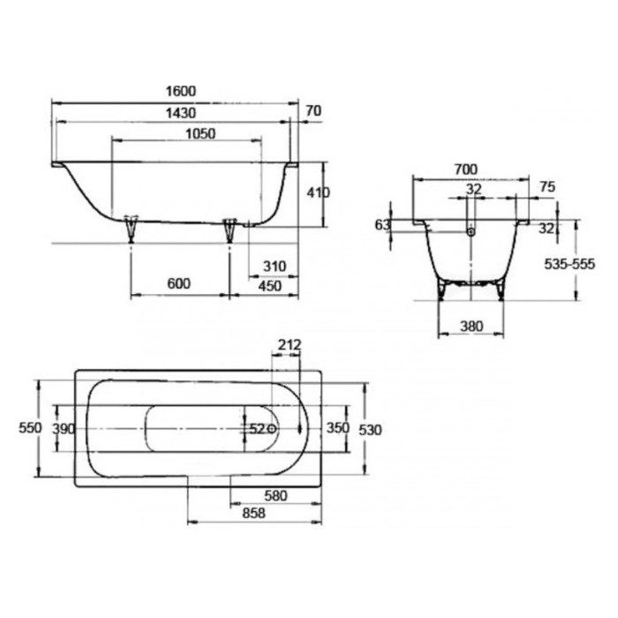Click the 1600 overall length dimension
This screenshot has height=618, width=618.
(181, 92)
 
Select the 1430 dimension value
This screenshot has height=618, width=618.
(181, 114)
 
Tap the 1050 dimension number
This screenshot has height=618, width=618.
(200, 134)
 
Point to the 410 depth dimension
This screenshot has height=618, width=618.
(318, 192)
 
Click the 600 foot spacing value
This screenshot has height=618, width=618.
(179, 283)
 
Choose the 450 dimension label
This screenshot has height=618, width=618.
(270, 286)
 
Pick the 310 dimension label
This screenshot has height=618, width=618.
(275, 267)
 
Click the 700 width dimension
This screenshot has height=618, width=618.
(466, 170)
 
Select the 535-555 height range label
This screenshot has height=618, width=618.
(569, 264)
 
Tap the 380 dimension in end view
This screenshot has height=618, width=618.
(471, 327)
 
